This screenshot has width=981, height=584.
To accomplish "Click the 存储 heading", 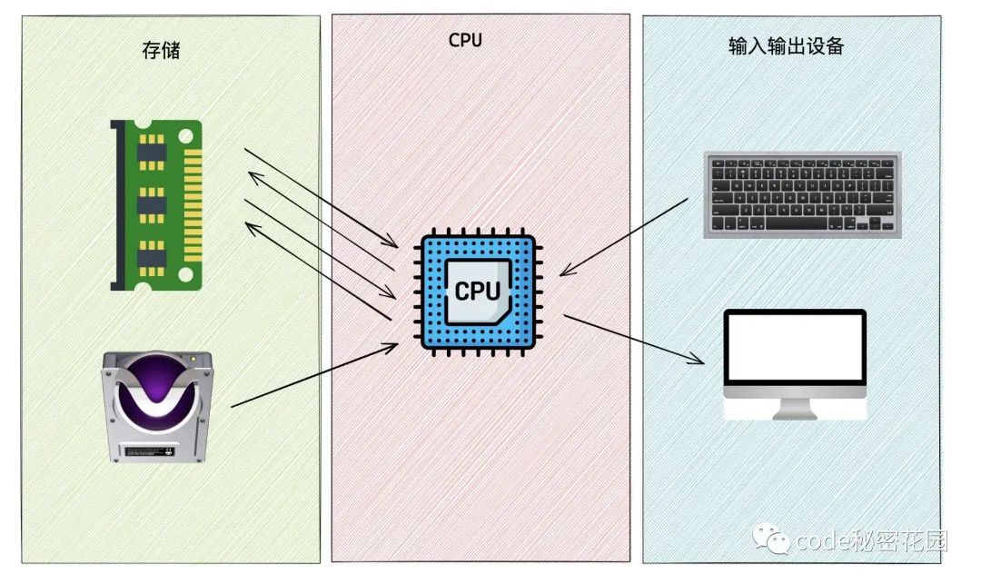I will point(161,50).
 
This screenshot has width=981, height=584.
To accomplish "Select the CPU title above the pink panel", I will point(465,40).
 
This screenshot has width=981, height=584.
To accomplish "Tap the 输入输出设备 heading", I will point(786,45).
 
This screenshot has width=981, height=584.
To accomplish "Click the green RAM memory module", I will point(156,205).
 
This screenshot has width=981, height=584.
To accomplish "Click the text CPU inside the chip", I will point(477,291).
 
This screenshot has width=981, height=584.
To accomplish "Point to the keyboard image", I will point(802,194).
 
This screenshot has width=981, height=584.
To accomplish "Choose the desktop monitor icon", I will point(795,363).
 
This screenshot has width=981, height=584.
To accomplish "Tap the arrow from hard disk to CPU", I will point(313,375).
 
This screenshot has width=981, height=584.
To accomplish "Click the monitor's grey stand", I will point(795,409).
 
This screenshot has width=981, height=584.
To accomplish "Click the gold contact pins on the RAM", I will point(193,206).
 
